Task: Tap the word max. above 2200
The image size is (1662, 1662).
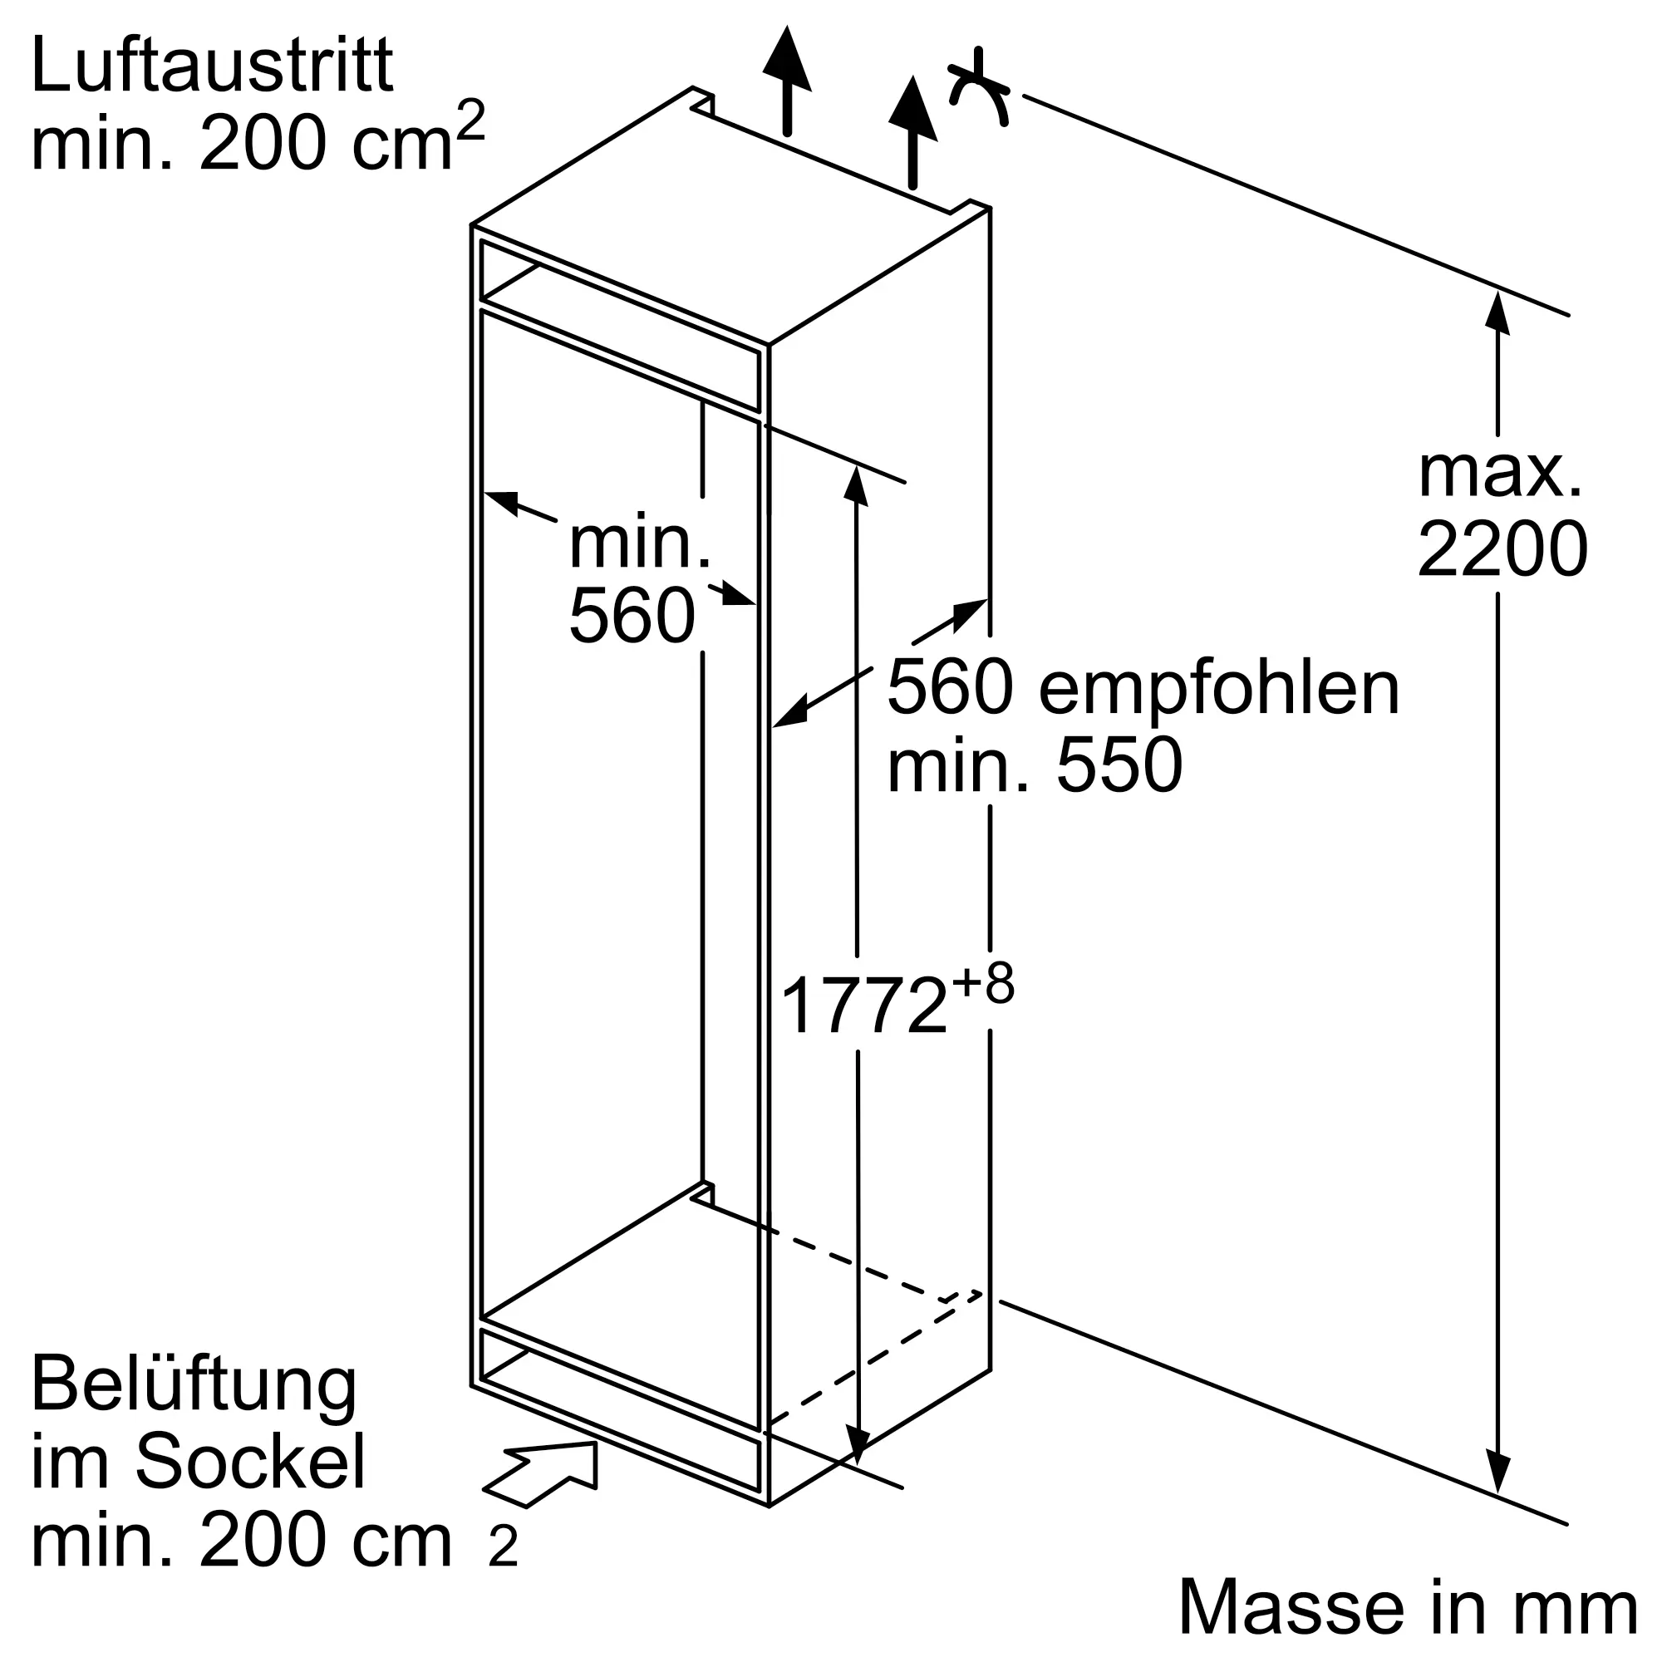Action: tap(1500, 472)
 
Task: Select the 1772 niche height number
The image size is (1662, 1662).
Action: tap(863, 1007)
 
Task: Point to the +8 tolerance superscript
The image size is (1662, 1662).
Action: tap(982, 984)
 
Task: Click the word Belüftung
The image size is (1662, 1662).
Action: tap(194, 1387)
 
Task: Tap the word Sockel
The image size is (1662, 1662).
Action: tap(250, 1463)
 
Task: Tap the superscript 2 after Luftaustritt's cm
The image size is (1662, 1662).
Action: tap(470, 120)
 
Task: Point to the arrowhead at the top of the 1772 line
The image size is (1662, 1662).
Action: tap(855, 484)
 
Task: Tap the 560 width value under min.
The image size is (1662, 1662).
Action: tap(632, 616)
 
